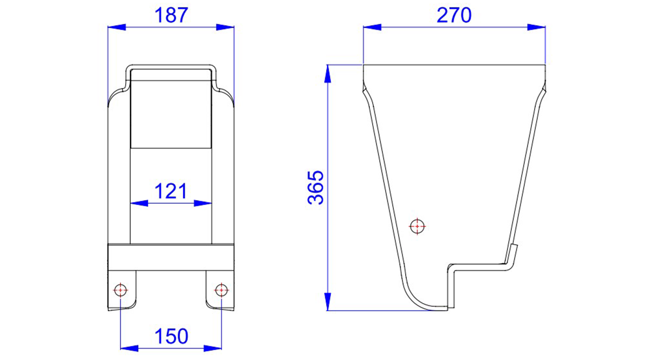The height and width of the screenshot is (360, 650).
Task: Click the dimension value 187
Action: point(171,15)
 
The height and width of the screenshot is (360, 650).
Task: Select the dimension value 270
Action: point(454,15)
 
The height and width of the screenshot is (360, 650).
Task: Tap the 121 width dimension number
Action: point(171,191)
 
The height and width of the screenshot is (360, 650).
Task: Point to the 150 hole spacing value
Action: point(171,336)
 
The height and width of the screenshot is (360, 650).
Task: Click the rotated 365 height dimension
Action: point(315,188)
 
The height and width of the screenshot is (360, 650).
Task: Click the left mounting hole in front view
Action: point(120,290)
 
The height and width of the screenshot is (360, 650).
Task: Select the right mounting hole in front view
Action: point(222,290)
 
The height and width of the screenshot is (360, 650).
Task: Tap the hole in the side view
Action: point(417,226)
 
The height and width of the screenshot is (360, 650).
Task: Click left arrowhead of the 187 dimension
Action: point(116,27)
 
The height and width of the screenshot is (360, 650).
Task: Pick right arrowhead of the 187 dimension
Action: point(225,27)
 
